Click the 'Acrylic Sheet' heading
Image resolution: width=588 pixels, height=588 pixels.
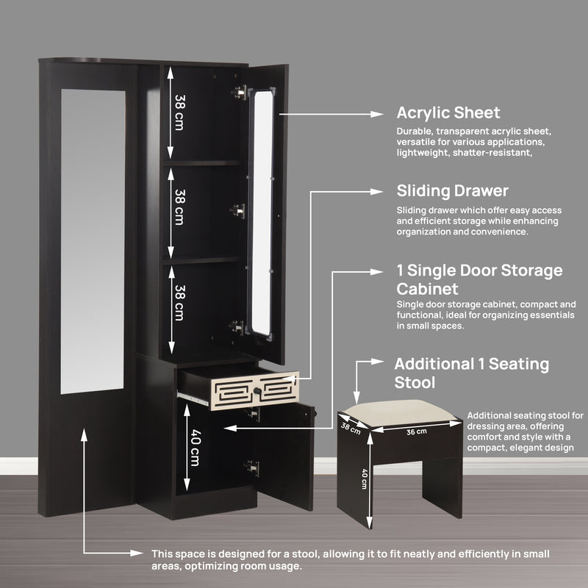pyautogui.click(x=448, y=112)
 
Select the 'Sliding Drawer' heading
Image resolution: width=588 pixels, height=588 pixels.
pyautogui.click(x=452, y=191)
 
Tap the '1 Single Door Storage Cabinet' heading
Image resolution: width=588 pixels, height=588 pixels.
pyautogui.click(x=479, y=279)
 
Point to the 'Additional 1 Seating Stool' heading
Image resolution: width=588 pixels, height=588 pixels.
pyautogui.click(x=471, y=373)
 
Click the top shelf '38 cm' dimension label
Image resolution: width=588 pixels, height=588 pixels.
pyautogui.click(x=179, y=111)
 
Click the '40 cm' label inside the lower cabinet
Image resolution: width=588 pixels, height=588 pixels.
pyautogui.click(x=194, y=448)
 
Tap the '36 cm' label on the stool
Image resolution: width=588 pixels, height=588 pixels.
pyautogui.click(x=417, y=431)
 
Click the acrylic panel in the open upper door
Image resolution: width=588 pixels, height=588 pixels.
pyautogui.click(x=262, y=213)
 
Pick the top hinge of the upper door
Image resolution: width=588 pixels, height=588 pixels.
pyautogui.click(x=238, y=92)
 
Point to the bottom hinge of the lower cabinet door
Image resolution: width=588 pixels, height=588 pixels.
pyautogui.click(x=253, y=467)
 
